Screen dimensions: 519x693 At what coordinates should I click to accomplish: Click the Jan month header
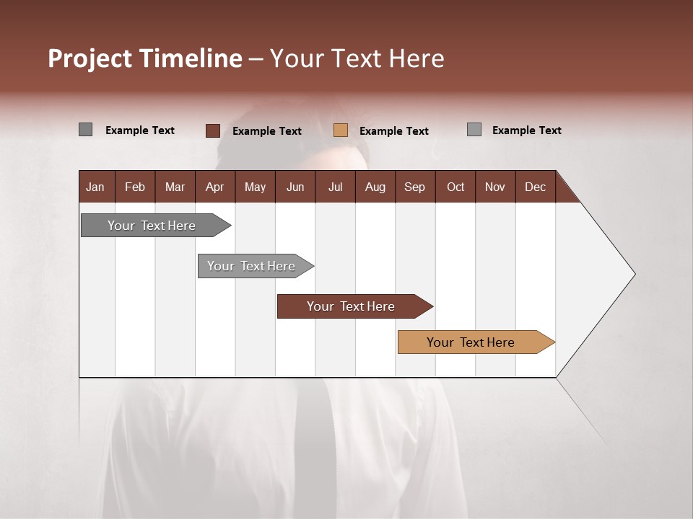tap(96, 187)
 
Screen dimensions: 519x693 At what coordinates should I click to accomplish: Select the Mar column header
tap(175, 187)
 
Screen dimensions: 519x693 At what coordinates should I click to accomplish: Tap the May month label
tap(255, 187)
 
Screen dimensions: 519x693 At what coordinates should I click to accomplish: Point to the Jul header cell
tap(335, 187)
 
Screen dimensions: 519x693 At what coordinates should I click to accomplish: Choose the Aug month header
tap(375, 187)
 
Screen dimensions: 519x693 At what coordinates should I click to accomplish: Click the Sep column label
tap(414, 187)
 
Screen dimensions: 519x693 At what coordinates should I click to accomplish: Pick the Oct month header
tap(456, 187)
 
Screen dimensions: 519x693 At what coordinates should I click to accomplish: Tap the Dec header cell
tap(535, 187)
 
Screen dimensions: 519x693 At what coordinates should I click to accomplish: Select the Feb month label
tap(135, 187)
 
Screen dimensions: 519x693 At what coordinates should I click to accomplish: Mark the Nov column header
tap(495, 187)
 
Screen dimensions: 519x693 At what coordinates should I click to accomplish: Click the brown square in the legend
tap(213, 130)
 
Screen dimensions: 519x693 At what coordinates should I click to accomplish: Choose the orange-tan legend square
tap(341, 130)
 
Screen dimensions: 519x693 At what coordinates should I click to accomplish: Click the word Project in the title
tap(90, 58)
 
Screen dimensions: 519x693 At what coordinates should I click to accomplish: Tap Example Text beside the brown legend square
tap(267, 131)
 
